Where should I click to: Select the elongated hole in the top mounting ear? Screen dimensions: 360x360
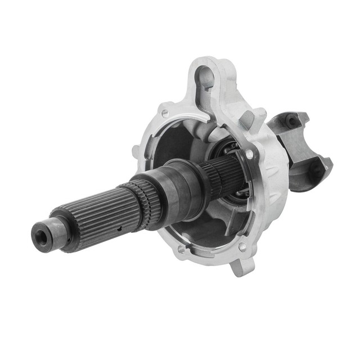click(x=205, y=77)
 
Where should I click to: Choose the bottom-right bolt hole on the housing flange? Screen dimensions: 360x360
click(x=242, y=246)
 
